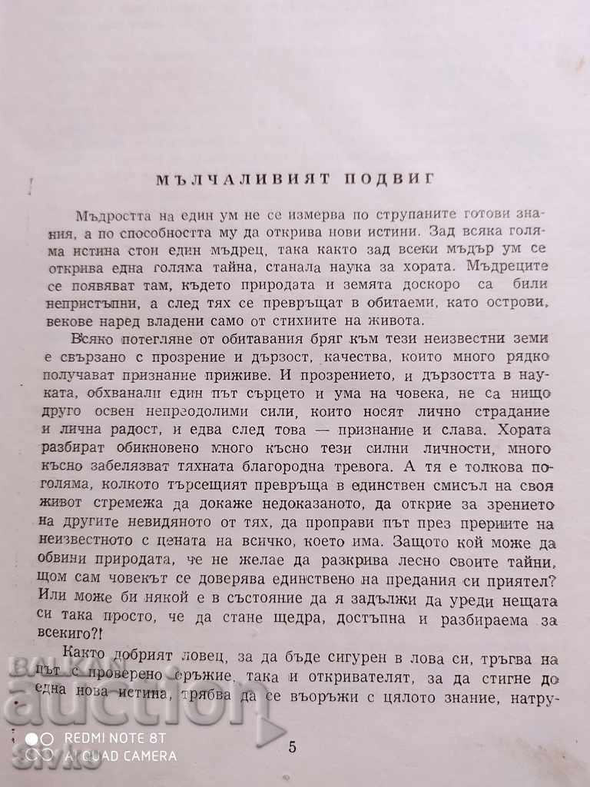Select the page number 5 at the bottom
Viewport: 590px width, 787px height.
tap(290, 746)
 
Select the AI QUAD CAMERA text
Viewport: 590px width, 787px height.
tap(121, 755)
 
